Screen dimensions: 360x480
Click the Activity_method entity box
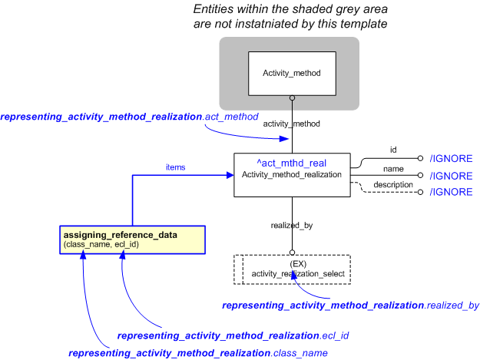pyautogui.click(x=291, y=74)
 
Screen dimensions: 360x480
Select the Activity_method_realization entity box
pyautogui.click(x=291, y=174)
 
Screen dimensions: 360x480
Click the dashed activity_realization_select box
pyautogui.click(x=291, y=269)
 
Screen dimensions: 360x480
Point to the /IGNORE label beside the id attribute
pyautogui.click(x=450, y=159)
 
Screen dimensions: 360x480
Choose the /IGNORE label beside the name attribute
pyautogui.click(x=450, y=176)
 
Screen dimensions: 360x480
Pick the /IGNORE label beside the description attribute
pyautogui.click(x=450, y=192)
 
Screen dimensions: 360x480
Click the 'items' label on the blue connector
pyautogui.click(x=175, y=167)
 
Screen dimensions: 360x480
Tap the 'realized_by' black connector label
pyautogui.click(x=291, y=226)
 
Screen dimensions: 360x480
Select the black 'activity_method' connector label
pyautogui.click(x=291, y=123)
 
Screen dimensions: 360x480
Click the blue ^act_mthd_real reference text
pyautogui.click(x=291, y=163)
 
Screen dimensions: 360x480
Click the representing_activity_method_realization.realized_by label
pyautogui.click(x=350, y=305)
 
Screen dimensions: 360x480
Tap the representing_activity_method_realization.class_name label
pyautogui.click(x=198, y=353)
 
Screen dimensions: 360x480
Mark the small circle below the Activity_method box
pyautogui.click(x=291, y=97)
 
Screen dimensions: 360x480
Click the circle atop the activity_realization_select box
pyautogui.click(x=292, y=252)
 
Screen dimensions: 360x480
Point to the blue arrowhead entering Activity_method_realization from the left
pyautogui.click(x=229, y=175)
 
